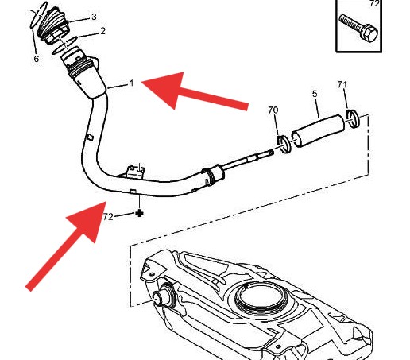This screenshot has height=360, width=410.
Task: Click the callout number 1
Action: click(131, 83)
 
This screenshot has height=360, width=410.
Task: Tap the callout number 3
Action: click(94, 17)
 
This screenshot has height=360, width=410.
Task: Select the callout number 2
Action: click(102, 31)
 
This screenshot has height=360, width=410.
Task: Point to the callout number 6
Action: click(37, 59)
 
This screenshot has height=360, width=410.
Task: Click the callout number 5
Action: click(315, 94)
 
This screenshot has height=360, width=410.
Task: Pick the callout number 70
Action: click(273, 110)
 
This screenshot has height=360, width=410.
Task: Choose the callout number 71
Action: click(342, 84)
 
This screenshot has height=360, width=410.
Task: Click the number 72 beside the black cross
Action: click(108, 217)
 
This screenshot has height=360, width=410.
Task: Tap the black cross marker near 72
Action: click(139, 213)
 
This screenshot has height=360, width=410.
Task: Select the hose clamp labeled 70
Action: click(284, 144)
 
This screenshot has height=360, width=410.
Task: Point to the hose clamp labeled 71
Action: click(353, 118)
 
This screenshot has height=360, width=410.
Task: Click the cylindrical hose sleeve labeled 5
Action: click(319, 131)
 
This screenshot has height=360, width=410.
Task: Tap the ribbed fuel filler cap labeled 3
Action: click(53, 25)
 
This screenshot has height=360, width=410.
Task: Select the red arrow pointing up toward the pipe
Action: click(68, 245)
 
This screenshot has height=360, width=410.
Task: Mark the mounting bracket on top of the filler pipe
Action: click(136, 171)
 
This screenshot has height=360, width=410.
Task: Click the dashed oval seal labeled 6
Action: click(38, 15)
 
